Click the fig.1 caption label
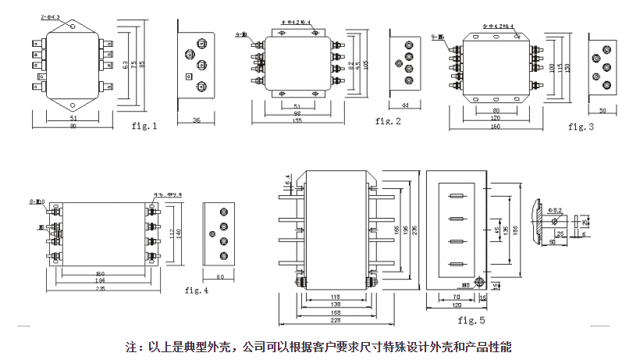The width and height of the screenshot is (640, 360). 144,125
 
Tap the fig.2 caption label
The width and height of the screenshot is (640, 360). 388,120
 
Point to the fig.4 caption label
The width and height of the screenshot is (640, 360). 197,290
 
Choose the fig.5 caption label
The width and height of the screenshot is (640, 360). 471,320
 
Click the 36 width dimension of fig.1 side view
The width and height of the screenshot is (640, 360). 197,120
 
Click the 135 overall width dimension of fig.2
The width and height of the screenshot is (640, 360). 297,121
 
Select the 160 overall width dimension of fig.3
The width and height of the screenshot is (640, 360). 496,127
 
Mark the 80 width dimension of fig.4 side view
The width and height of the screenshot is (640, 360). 220,276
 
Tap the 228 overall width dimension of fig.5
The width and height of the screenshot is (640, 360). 336,320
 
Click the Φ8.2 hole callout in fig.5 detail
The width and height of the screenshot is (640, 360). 556,210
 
